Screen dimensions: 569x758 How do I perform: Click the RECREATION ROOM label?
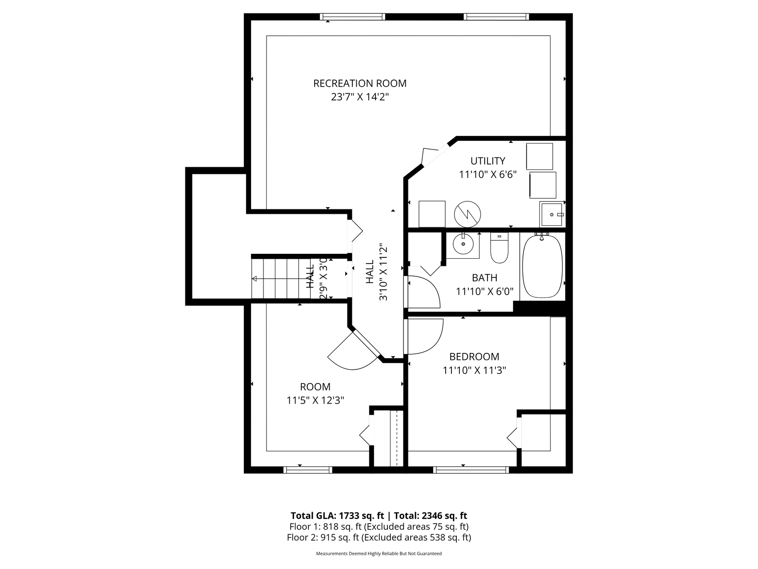tap(359, 84)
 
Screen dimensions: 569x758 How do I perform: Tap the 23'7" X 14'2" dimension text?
tap(359, 97)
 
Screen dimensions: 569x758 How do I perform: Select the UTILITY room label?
tap(487, 161)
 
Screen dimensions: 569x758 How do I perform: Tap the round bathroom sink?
tap(463, 244)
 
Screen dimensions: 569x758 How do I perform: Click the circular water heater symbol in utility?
tap(467, 214)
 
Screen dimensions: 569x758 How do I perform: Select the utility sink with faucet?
tap(551, 215)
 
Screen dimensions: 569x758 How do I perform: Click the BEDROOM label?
tap(474, 357)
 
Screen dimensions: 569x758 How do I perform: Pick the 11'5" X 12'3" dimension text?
tap(315, 401)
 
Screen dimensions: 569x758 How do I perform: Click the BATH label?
tap(484, 278)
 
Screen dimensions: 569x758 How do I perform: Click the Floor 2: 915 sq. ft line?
tap(379, 537)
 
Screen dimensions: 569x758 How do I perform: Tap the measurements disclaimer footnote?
tap(379, 554)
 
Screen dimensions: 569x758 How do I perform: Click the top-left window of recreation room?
tap(352, 17)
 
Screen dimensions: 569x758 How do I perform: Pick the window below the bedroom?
tap(471, 469)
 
